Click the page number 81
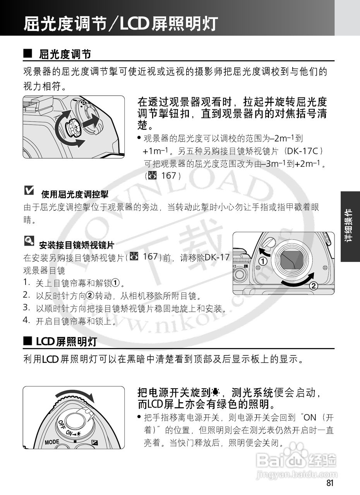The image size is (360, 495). click(329, 483)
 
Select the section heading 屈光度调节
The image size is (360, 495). click(65, 54)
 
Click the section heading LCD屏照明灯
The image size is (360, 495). click(66, 341)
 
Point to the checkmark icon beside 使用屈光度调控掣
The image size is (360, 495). click(29, 190)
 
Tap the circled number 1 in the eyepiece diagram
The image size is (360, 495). click(263, 261)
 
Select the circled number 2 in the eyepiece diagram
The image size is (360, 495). click(314, 287)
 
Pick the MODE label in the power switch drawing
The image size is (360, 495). click(52, 442)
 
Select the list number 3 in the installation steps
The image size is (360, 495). click(26, 308)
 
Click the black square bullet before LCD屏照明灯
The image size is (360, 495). click(27, 341)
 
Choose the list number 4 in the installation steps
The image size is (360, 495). click(26, 320)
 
